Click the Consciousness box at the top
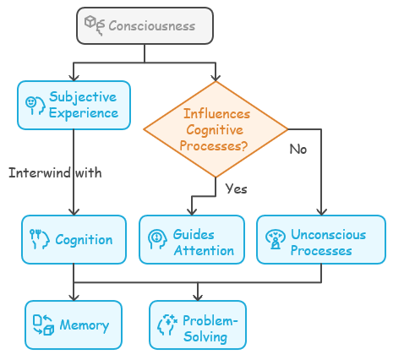coord(145,25)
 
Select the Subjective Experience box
coord(74,105)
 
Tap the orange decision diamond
coord(216,129)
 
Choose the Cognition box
coord(74,240)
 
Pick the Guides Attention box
coord(192,240)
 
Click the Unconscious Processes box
coord(321,240)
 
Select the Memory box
coord(74,325)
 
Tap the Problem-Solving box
coord(198,325)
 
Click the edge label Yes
coord(236,188)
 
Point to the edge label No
coord(298,149)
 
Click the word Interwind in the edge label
coord(40,172)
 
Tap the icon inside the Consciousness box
coord(95,25)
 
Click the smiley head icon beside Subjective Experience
coord(35,106)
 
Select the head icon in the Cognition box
coord(40,239)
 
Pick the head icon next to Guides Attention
coord(157,240)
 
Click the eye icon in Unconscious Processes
coord(276,239)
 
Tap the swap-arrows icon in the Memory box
coord(43,325)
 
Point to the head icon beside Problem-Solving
coord(167,325)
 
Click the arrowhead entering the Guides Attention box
coord(192,212)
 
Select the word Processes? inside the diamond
coord(214,146)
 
